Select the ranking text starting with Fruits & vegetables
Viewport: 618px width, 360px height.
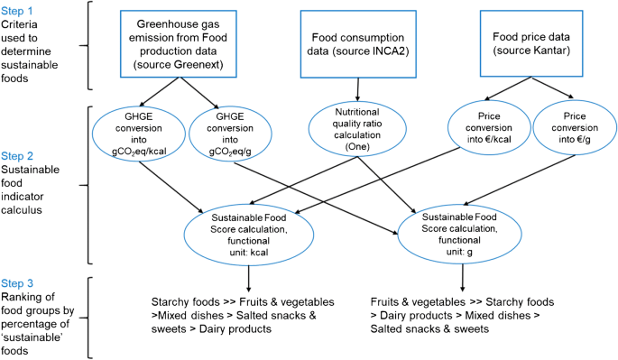click(463, 313)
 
